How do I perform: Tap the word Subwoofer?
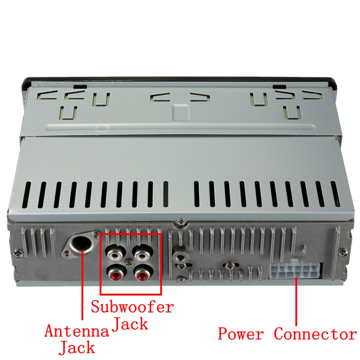coord(132,307)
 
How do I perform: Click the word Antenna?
coord(77,331)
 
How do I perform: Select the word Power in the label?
coord(240,334)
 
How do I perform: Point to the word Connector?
coord(315,334)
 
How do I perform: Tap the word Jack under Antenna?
coord(76,347)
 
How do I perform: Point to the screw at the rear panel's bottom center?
coord(179,277)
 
